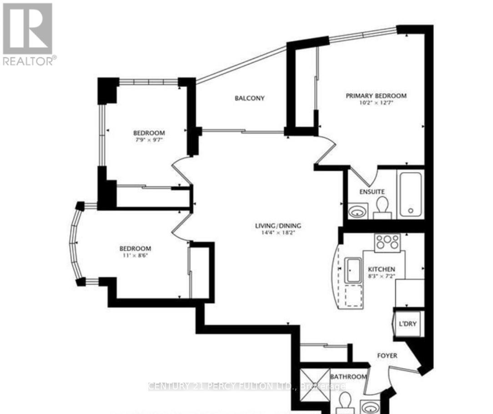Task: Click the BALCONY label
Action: (x=250, y=98)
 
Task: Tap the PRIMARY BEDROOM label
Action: (x=376, y=96)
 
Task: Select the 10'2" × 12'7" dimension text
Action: (x=376, y=103)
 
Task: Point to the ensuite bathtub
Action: (x=411, y=194)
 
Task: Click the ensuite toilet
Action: (x=382, y=207)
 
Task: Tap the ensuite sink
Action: (x=358, y=212)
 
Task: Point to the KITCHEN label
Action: (x=382, y=269)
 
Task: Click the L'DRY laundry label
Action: (x=407, y=324)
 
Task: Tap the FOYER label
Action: (x=387, y=355)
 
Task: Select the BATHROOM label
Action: (x=348, y=377)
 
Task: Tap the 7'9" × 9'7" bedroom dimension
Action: (x=148, y=140)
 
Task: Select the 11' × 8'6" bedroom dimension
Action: (x=135, y=256)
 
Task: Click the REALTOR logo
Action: (x=28, y=34)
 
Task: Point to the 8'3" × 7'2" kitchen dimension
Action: (x=382, y=276)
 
